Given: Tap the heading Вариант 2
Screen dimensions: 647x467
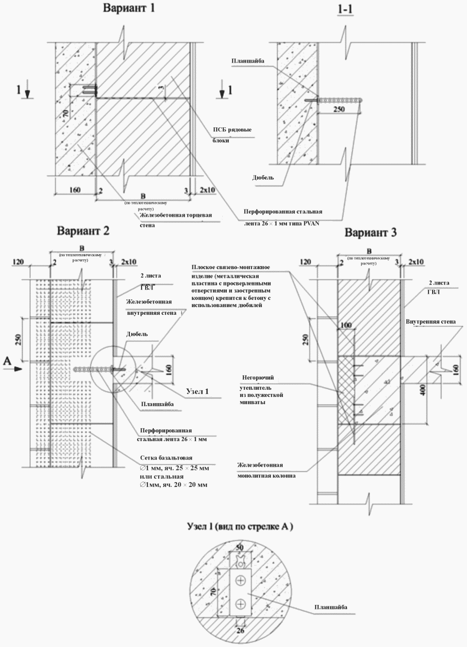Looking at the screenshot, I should click(x=83, y=230).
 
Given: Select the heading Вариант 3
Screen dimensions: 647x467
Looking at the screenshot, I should click(x=371, y=232).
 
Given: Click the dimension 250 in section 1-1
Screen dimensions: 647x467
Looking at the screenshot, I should click(x=338, y=110).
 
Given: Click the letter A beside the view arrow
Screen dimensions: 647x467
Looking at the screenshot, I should click(x=7, y=361).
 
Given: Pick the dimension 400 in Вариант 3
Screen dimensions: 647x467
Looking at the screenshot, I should click(x=423, y=389).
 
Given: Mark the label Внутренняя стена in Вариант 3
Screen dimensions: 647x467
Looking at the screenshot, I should click(x=430, y=322).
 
